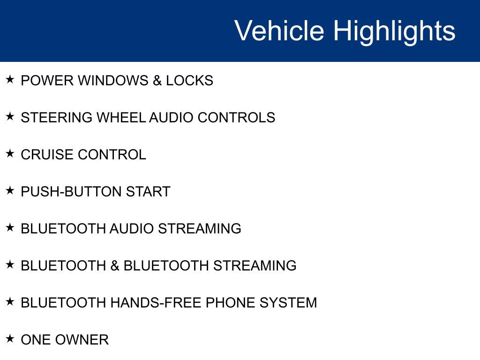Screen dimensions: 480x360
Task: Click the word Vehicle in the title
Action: click(x=279, y=30)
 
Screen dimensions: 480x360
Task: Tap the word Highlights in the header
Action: click(x=394, y=32)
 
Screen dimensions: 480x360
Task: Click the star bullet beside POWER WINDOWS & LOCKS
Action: click(x=10, y=79)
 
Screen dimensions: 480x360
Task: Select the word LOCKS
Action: click(x=189, y=81)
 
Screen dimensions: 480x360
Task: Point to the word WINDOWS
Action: click(x=113, y=81)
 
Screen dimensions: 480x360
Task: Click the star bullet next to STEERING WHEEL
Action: click(x=10, y=116)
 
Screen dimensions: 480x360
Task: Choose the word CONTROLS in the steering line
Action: click(x=236, y=118)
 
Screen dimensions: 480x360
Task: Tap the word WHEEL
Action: click(x=121, y=118)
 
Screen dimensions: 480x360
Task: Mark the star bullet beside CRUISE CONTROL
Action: click(x=10, y=153)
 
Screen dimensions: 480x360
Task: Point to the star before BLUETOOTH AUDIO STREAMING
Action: click(x=10, y=227)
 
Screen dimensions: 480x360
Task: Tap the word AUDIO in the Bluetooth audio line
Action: click(x=132, y=229)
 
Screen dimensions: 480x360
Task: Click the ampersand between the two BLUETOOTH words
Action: click(x=115, y=266)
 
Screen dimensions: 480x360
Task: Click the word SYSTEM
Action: click(x=288, y=303)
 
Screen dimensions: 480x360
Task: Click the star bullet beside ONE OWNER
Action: click(x=10, y=338)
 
